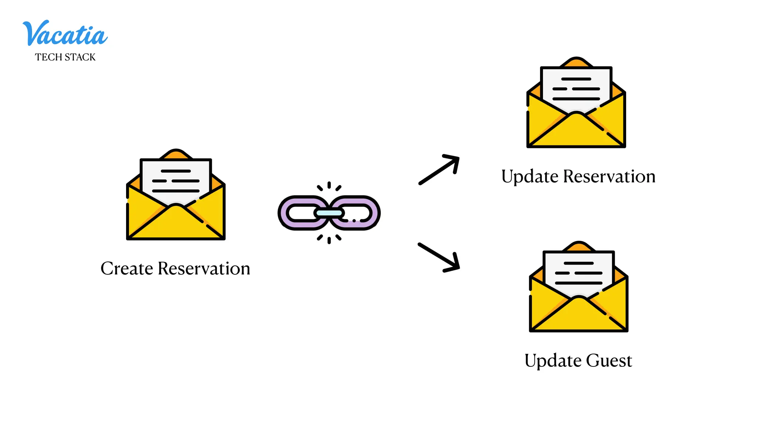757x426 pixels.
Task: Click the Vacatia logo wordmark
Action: tap(65, 34)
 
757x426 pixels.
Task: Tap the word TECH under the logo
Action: tap(48, 57)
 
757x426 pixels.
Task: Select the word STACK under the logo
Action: tap(80, 57)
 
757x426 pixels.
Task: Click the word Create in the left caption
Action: tap(126, 268)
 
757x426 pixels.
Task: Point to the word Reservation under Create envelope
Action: tap(204, 268)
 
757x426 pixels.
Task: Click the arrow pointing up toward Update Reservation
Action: tap(439, 169)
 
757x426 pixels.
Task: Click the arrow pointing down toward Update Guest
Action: tap(439, 257)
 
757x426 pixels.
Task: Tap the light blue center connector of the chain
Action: tap(329, 213)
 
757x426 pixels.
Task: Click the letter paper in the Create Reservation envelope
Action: tap(176, 181)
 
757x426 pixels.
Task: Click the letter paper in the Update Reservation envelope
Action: tap(576, 89)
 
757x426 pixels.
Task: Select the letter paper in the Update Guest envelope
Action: tap(578, 273)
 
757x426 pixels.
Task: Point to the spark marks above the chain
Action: tap(329, 186)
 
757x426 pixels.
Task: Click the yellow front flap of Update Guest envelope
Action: tap(578, 318)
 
